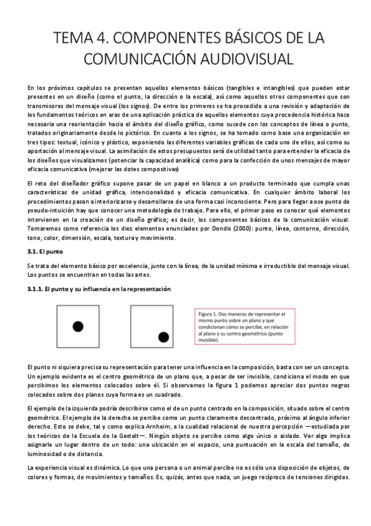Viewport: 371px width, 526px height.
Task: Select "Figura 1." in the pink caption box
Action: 209,314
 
